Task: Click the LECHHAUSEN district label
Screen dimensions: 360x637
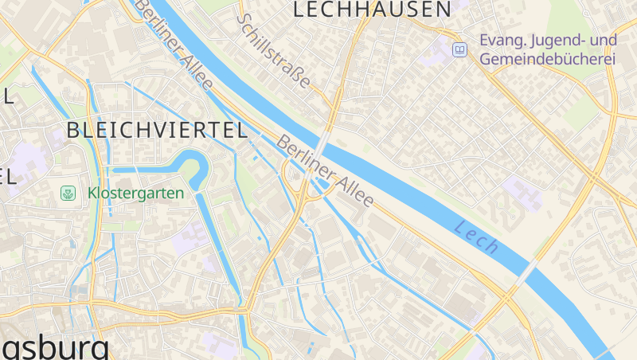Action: pyautogui.click(x=372, y=10)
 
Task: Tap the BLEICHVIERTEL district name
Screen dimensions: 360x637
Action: pyautogui.click(x=157, y=131)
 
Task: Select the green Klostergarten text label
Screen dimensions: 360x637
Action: pyautogui.click(x=135, y=193)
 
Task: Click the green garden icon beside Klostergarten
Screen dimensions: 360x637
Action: pyautogui.click(x=69, y=193)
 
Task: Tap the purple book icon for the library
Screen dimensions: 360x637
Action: pyautogui.click(x=459, y=50)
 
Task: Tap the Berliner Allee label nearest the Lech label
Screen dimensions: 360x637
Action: pyautogui.click(x=325, y=172)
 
